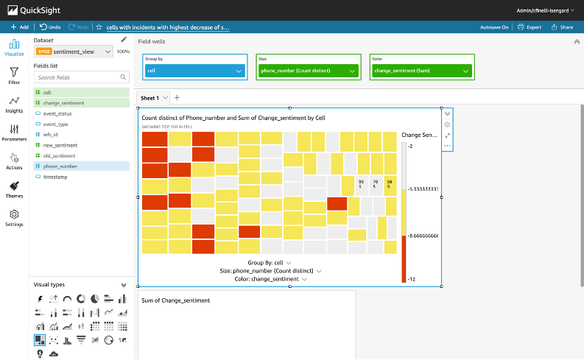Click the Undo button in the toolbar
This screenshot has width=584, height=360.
[49, 27]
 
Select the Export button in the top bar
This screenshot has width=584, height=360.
[530, 27]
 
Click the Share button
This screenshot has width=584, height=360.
[562, 27]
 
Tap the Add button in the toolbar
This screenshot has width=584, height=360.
[19, 27]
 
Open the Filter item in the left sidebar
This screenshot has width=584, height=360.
[14, 76]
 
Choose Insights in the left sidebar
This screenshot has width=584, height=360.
[14, 105]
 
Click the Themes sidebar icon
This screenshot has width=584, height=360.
[14, 190]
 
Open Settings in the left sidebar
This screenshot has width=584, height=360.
[14, 218]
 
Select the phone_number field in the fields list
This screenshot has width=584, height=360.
[60, 166]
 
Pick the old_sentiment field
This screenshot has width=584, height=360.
[60, 156]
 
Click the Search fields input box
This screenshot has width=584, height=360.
[77, 77]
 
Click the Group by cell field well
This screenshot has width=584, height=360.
[194, 71]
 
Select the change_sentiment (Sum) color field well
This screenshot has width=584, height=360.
[421, 71]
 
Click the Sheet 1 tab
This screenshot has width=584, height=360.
[149, 98]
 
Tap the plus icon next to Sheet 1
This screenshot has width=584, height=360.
[176, 98]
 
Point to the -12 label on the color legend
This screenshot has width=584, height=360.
[411, 279]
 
